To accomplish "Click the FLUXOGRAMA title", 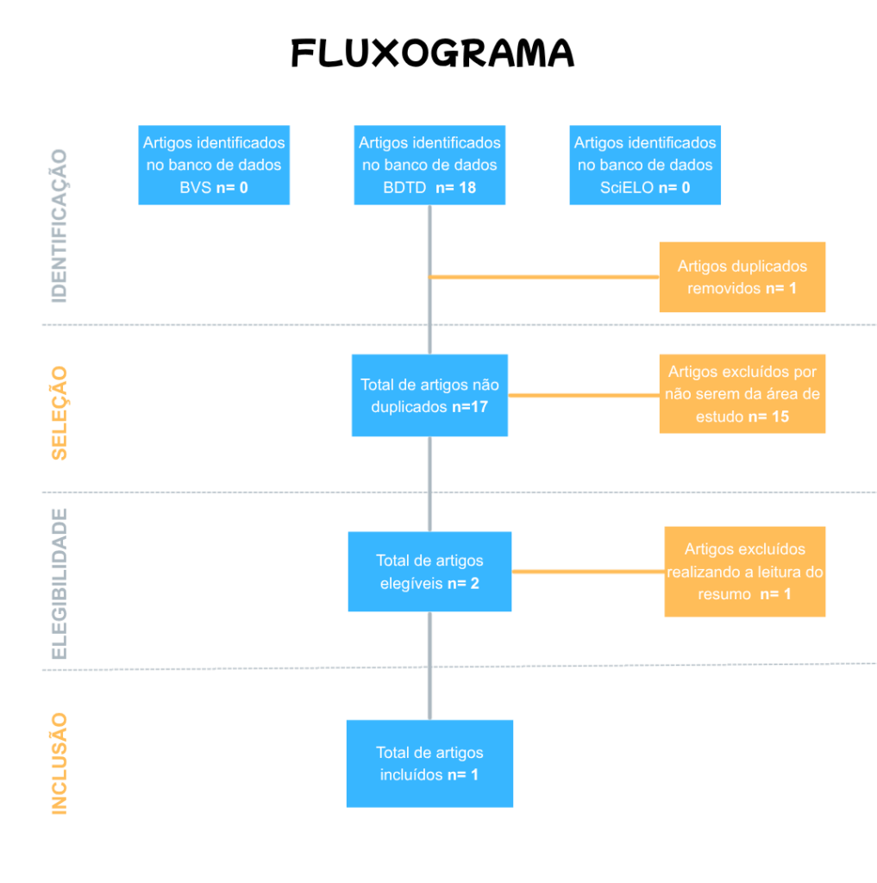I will (432, 53).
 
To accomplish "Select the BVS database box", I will (214, 165).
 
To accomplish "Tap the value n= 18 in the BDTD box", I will (456, 187).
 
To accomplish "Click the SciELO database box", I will (645, 165).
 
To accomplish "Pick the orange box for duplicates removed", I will (742, 277).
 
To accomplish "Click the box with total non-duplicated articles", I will (429, 395).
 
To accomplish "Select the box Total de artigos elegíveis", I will (429, 572).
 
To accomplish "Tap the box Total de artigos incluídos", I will (429, 763).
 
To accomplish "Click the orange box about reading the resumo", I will (744, 572).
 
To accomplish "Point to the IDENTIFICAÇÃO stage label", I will (60, 226).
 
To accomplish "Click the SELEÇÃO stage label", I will (60, 412).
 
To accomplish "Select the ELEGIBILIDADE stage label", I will (60, 584).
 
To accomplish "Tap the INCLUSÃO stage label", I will (60, 763).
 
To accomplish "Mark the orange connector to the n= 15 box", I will (584, 395).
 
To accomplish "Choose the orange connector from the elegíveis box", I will (587, 571).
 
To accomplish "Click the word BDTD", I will (405, 187).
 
